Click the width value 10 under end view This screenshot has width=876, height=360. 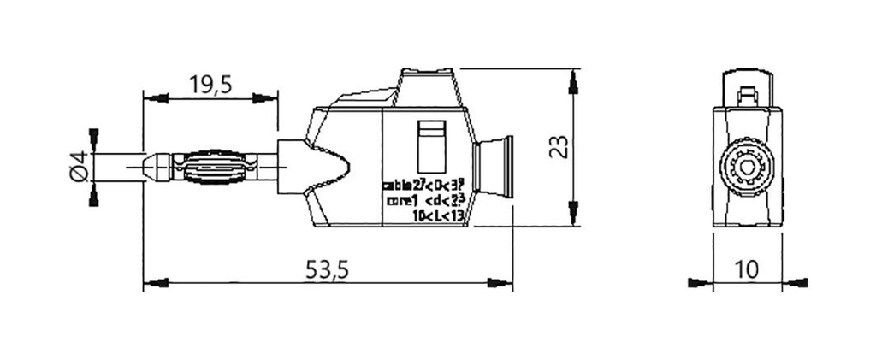tap(746, 269)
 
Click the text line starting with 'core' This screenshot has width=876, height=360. tap(425, 200)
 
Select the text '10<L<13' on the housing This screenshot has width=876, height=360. tap(437, 215)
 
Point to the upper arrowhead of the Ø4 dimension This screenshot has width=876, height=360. tap(92, 137)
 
